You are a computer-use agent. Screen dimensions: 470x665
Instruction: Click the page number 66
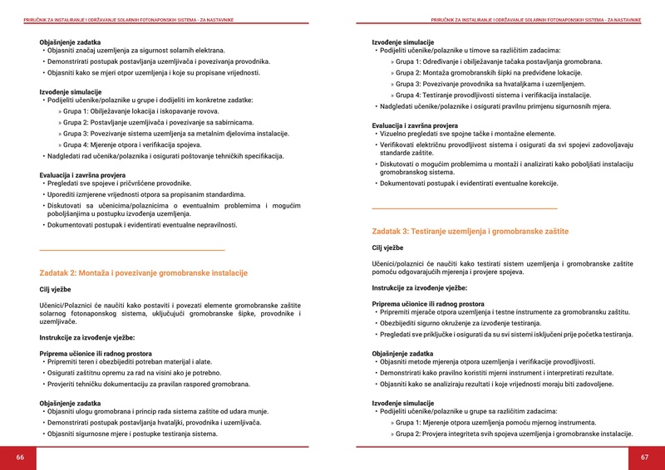pyautogui.click(x=20, y=458)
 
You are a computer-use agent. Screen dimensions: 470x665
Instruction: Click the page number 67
pyautogui.click(x=644, y=458)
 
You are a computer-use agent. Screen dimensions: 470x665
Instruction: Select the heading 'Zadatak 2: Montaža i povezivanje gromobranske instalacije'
pyautogui.click(x=144, y=272)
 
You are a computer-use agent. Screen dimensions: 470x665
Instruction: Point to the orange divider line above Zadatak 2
pyautogui.click(x=132, y=250)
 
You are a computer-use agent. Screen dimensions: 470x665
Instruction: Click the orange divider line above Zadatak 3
pyautogui.click(x=464, y=208)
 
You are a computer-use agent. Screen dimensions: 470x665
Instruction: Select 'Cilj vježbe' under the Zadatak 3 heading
pyautogui.click(x=387, y=247)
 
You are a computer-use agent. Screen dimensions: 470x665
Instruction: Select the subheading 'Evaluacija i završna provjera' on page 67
pyautogui.click(x=415, y=125)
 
